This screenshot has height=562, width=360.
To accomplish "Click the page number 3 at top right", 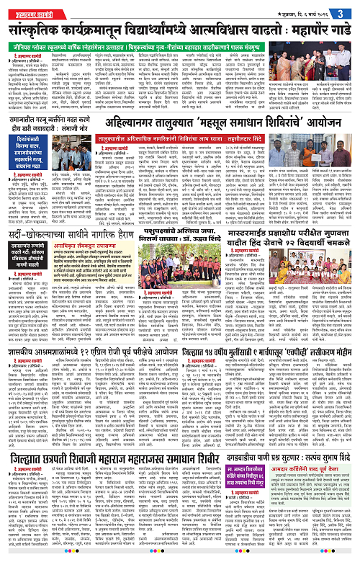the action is tap(351, 9).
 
